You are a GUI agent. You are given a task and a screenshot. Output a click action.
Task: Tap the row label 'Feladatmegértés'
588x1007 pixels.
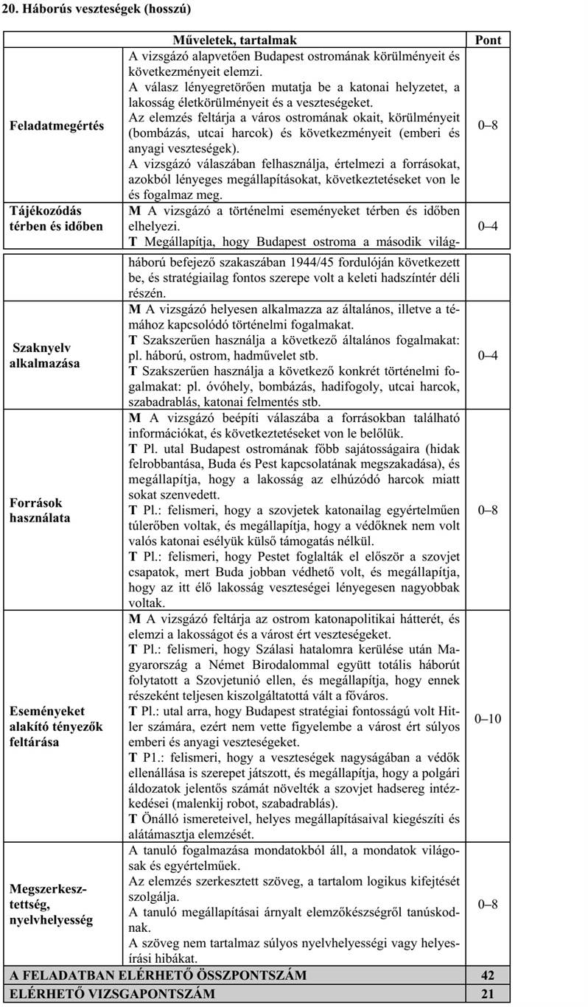57,125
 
